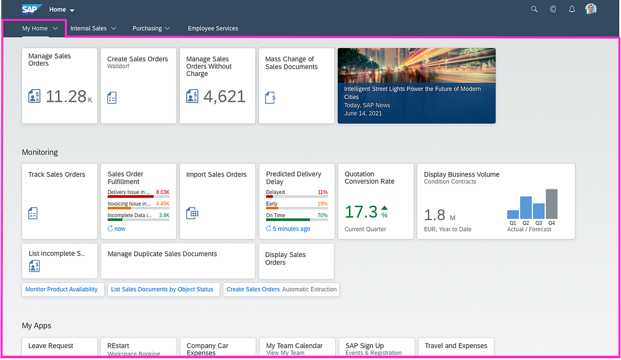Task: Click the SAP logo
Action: [31, 9]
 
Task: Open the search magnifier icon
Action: [534, 9]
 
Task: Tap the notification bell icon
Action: [572, 9]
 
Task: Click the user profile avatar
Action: [591, 9]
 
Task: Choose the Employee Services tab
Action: [213, 28]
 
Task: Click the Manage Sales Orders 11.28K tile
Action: [60, 85]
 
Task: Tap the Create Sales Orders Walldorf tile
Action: [138, 85]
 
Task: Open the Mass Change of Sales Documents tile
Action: [296, 85]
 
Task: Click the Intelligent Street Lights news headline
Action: [412, 93]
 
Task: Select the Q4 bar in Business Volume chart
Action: [551, 204]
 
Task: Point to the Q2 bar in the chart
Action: [526, 208]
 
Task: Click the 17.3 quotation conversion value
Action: [361, 212]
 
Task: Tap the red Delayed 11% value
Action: [322, 192]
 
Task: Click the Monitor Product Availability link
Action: [61, 289]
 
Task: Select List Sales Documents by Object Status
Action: [162, 289]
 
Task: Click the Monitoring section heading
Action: [40, 152]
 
